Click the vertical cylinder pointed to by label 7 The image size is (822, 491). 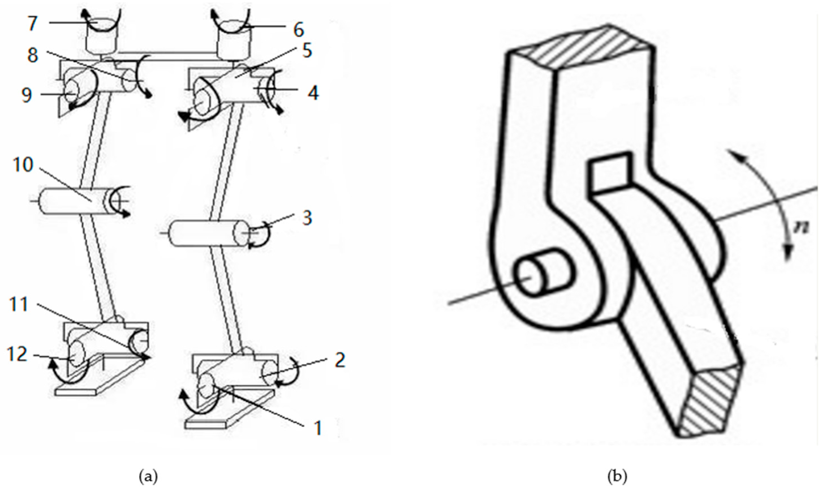click(101, 37)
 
